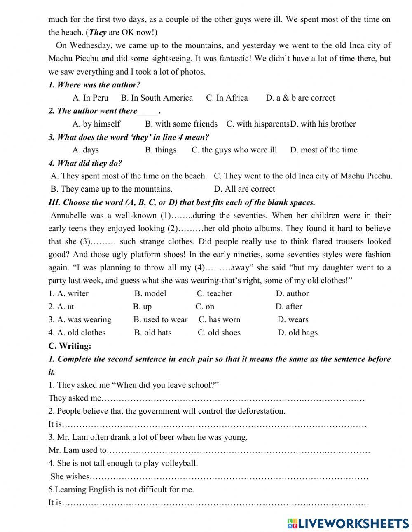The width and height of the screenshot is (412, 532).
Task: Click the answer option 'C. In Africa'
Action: (227, 98)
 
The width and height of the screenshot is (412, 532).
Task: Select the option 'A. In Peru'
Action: (90, 98)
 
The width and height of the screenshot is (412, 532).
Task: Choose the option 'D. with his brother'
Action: (323, 124)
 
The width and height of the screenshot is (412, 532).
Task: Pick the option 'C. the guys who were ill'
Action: (234, 150)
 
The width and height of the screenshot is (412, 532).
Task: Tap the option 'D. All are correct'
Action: (244, 189)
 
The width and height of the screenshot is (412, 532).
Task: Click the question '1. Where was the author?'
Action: (94, 85)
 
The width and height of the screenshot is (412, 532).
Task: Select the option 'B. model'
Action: (150, 293)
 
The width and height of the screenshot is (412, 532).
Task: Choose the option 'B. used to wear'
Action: (160, 320)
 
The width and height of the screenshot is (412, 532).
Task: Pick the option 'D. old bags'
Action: (297, 333)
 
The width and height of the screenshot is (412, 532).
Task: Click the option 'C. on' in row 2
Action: (205, 307)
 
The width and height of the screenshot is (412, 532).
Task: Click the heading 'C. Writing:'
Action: (70, 346)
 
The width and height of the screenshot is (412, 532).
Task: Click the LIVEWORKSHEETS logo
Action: (348, 523)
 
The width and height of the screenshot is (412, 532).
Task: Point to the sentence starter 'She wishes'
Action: (70, 476)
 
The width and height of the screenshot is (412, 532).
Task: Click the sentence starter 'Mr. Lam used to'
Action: (77, 450)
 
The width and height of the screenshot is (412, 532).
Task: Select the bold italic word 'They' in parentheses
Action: (98, 32)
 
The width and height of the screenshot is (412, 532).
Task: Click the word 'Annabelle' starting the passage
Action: (68, 215)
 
